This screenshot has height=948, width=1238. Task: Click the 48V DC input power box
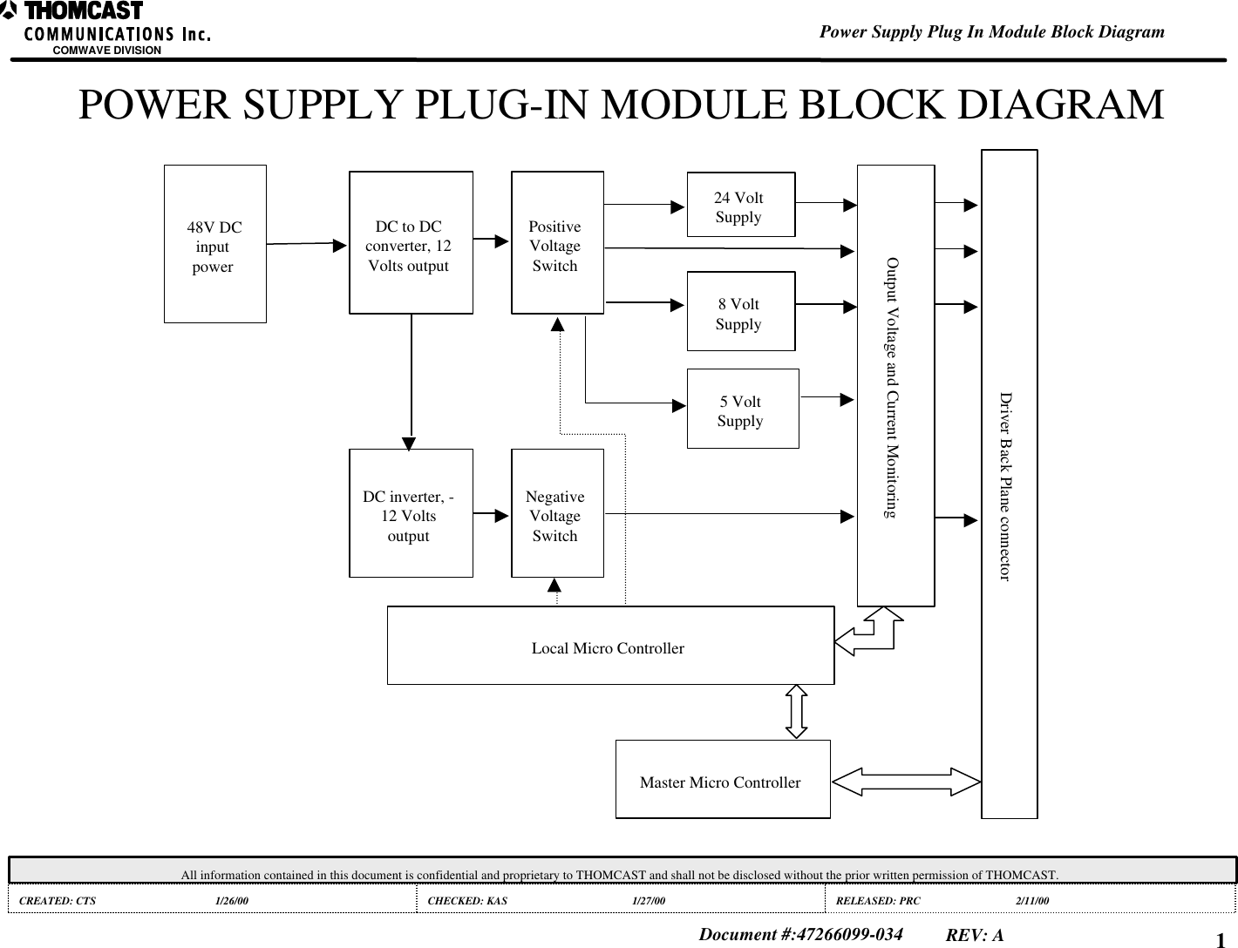[214, 244]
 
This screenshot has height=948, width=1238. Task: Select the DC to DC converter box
[411, 242]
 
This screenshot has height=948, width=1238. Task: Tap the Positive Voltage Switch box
[556, 243]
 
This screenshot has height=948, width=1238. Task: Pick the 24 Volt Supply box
[740, 205]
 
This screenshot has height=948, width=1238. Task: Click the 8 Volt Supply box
[740, 311]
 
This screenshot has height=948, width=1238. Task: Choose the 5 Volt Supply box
[742, 409]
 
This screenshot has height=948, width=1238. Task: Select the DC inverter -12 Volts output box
[411, 513]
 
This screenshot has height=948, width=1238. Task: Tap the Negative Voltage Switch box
[556, 513]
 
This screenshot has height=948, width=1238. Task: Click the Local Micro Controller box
[609, 647]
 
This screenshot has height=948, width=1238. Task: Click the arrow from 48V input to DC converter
[305, 245]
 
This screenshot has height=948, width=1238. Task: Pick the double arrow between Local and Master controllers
[796, 711]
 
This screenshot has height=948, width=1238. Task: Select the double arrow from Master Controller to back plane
[906, 782]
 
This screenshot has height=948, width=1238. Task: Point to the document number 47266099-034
[800, 935]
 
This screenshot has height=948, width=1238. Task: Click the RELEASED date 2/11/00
[1032, 899]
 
